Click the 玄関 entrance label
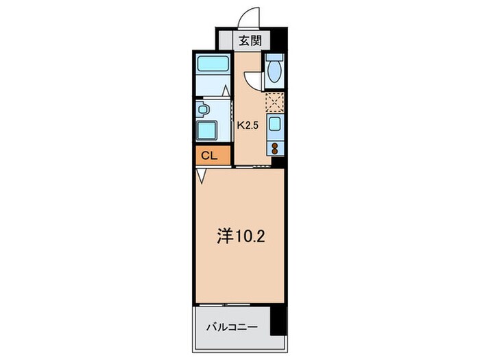(249, 40)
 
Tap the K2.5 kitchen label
(247, 125)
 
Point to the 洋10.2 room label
(237, 236)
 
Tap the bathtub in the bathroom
(213, 66)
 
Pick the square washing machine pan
(208, 130)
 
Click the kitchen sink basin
(274, 125)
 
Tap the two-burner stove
(274, 148)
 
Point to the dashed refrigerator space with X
(274, 102)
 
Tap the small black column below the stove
(277, 163)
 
